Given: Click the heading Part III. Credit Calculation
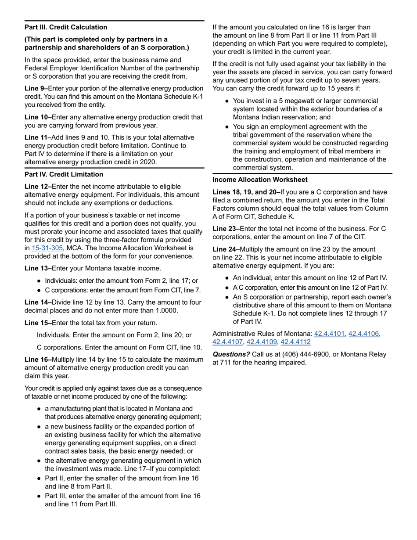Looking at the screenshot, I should pyautogui.click(x=66, y=27).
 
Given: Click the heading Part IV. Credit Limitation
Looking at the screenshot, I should pyautogui.click(x=64, y=174).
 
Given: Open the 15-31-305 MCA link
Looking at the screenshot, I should pyautogui.click(x=47, y=248).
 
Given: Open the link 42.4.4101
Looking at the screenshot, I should pyautogui.click(x=329, y=334).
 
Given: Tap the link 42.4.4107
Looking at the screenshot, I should pyautogui.click(x=227, y=342).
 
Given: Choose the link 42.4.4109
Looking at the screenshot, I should pyautogui.click(x=261, y=342).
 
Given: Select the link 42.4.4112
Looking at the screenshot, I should pyautogui.click(x=295, y=342).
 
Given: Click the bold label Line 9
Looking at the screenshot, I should pyautogui.click(x=37, y=89).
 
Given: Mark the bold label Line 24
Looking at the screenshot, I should pyautogui.click(x=226, y=249).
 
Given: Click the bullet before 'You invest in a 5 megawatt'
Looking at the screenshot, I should pyautogui.click(x=227, y=101).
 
